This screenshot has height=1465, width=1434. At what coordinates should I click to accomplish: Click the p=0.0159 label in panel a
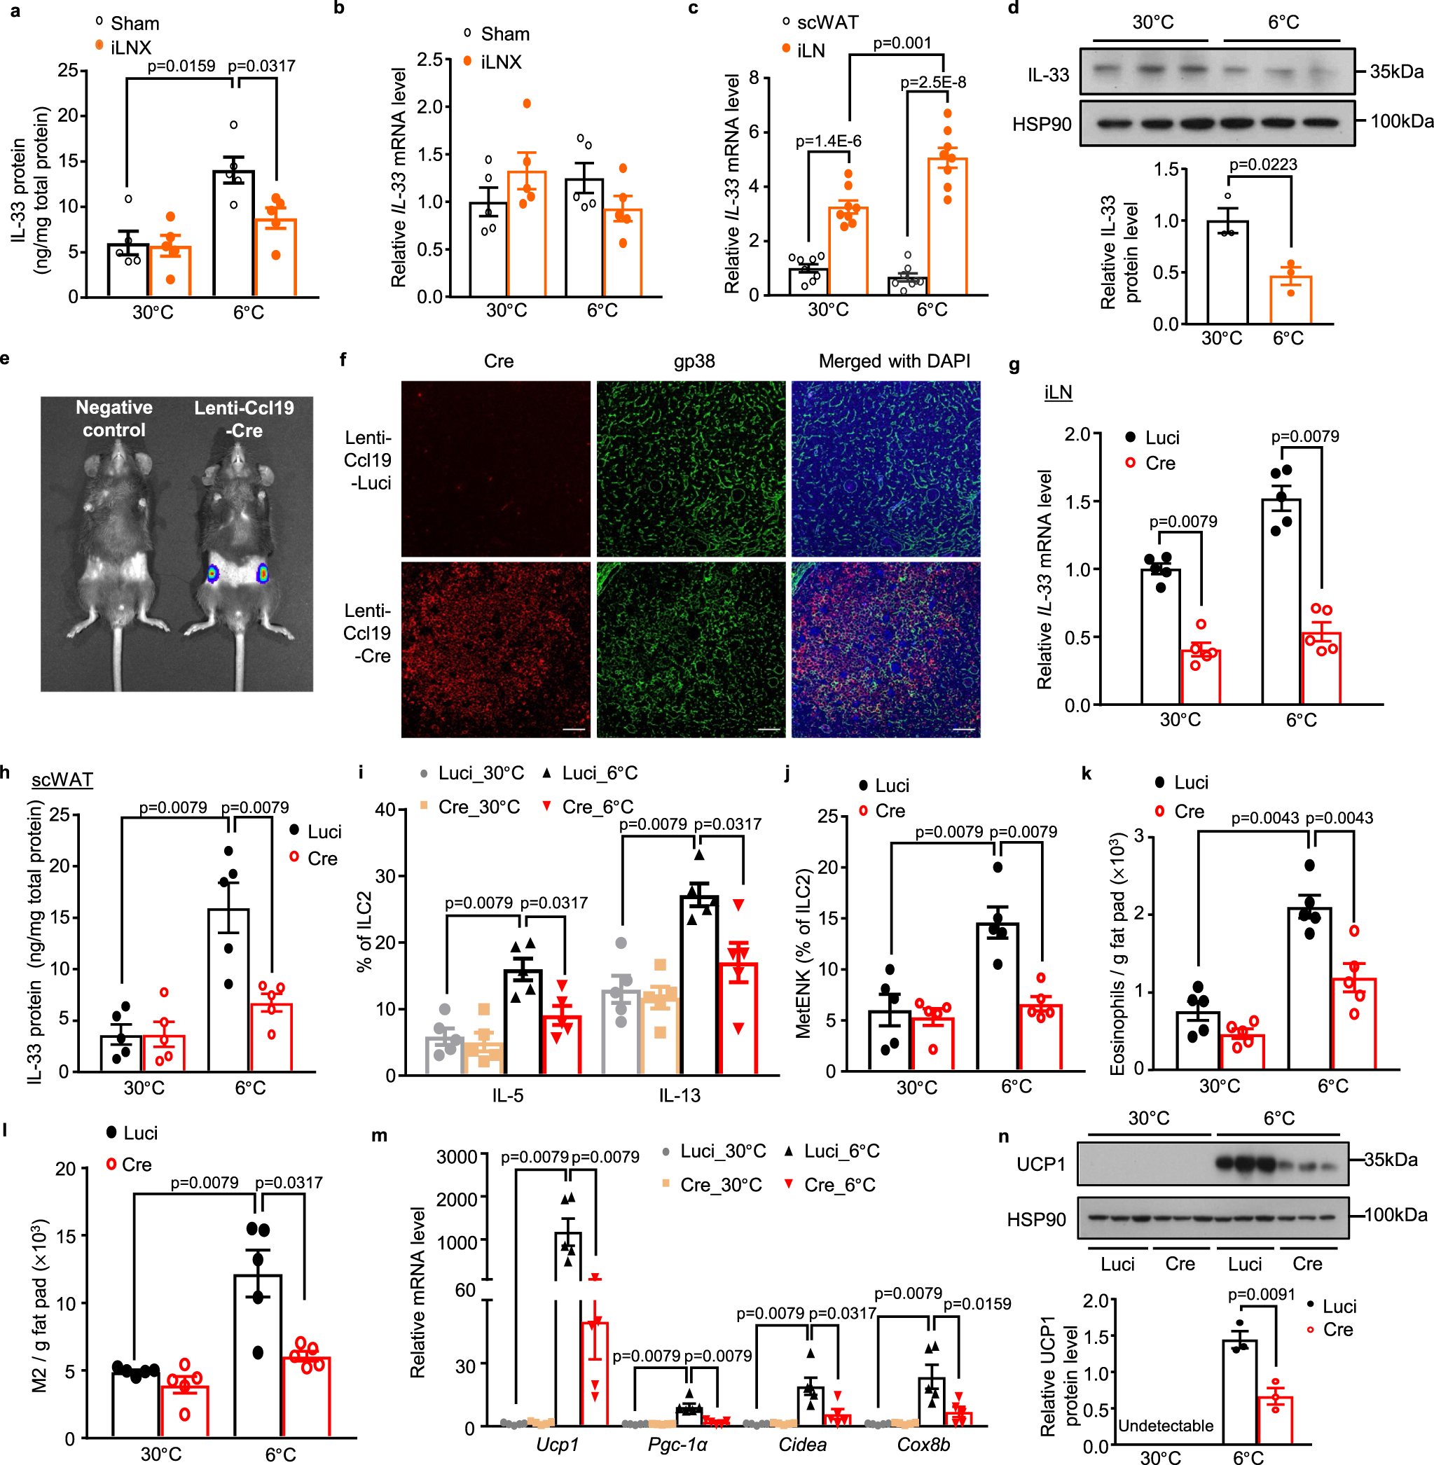tap(181, 67)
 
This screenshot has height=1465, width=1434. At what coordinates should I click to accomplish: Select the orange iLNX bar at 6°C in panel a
tap(275, 257)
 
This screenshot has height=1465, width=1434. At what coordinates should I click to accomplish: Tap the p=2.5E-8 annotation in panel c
tap(933, 82)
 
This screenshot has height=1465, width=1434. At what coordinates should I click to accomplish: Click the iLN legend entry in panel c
tap(811, 50)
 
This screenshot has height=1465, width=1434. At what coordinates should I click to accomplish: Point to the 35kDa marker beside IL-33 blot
tap(1396, 71)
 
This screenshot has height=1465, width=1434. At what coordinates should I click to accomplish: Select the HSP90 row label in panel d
tap(1041, 124)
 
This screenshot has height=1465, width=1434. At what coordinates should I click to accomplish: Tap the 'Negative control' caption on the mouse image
tap(113, 419)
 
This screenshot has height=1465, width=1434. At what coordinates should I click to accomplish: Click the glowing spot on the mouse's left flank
tap(213, 573)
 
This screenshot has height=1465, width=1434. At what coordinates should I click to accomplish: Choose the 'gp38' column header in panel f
tap(694, 361)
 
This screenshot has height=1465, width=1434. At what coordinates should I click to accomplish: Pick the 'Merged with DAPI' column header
tap(894, 361)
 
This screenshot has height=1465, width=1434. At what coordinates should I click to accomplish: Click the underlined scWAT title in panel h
tap(62, 779)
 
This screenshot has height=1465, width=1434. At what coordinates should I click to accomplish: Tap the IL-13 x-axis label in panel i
tap(680, 1095)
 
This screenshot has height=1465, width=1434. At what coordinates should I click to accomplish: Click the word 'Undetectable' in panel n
tap(1165, 1426)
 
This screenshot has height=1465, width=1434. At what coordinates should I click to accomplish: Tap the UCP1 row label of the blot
tap(1041, 1164)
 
